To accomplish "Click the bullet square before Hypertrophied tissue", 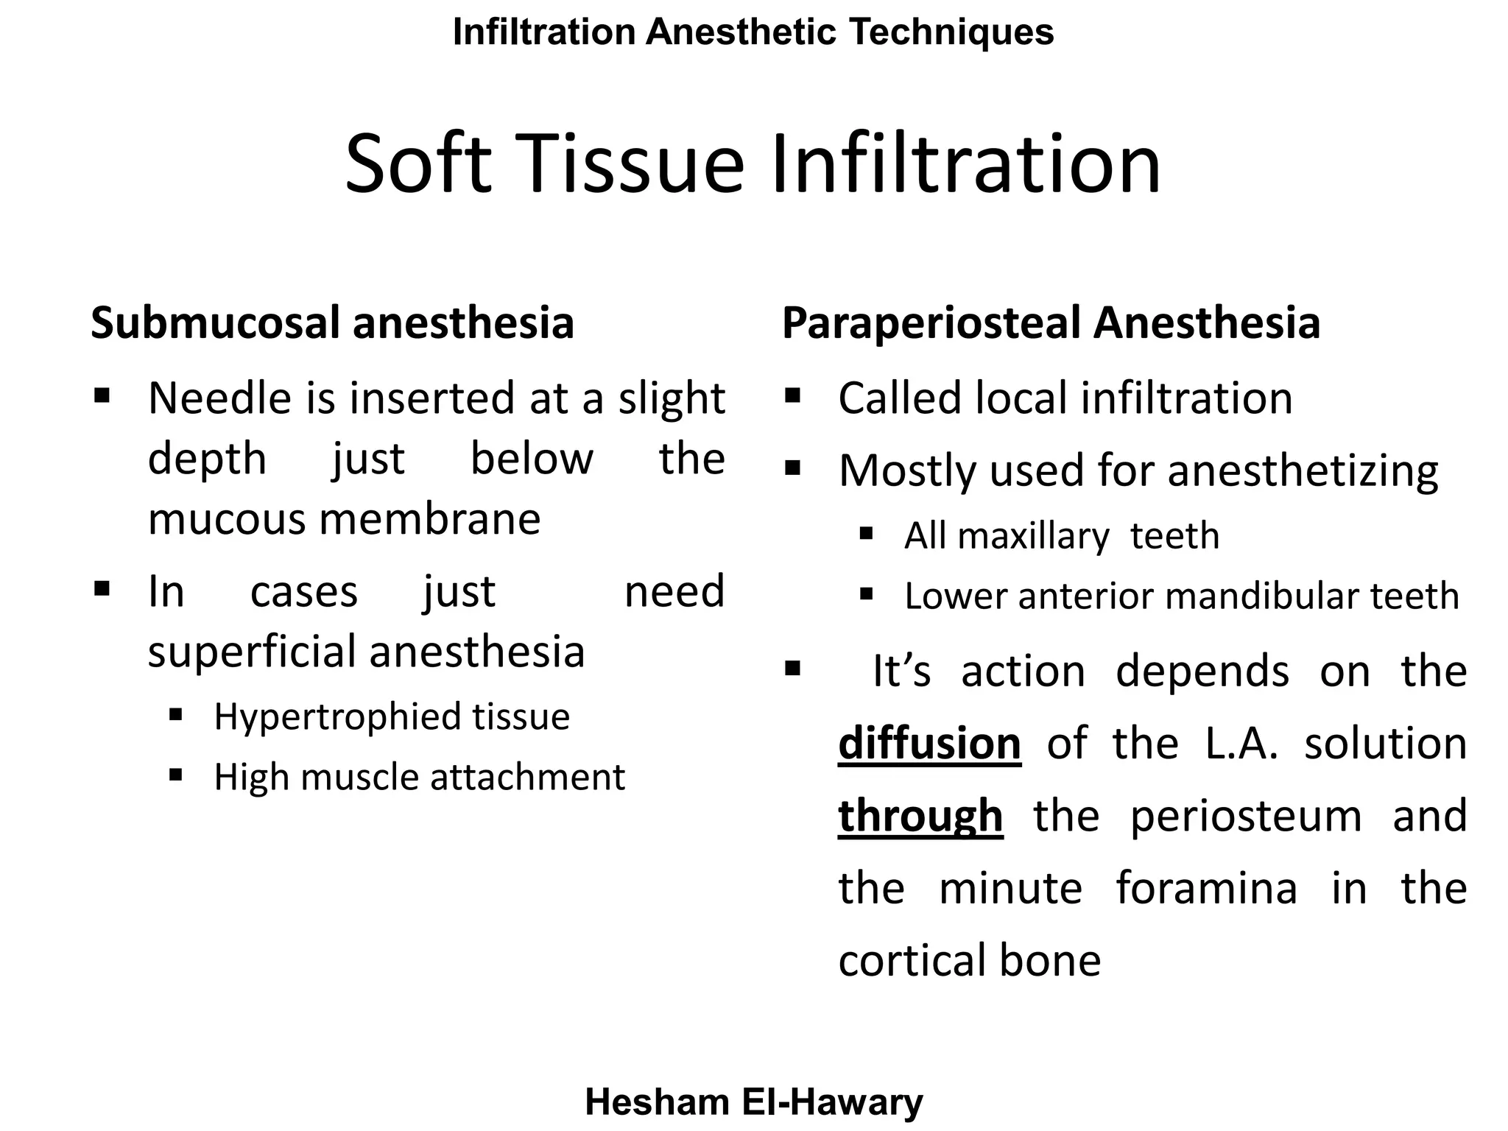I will click(x=175, y=714).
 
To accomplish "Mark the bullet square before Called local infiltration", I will click(x=792, y=396).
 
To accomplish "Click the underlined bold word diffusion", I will click(x=929, y=744).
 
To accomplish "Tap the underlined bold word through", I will click(x=920, y=816).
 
